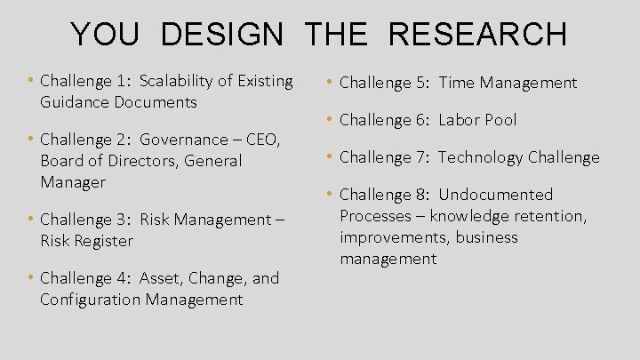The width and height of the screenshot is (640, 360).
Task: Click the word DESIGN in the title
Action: pos(222,35)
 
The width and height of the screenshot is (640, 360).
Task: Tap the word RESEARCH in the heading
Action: pos(477,35)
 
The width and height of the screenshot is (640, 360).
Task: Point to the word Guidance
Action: pos(74,102)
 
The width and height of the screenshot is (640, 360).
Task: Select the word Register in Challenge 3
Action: pos(101,241)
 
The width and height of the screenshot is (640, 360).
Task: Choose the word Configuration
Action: pos(91,300)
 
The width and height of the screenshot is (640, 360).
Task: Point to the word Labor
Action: pos(460,120)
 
